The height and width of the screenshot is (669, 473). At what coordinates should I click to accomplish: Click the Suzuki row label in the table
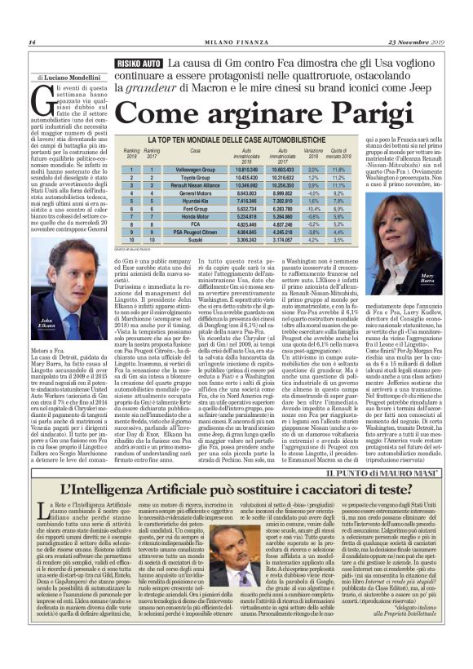click(195, 241)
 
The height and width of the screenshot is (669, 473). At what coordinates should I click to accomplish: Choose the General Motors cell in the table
click(195, 196)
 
